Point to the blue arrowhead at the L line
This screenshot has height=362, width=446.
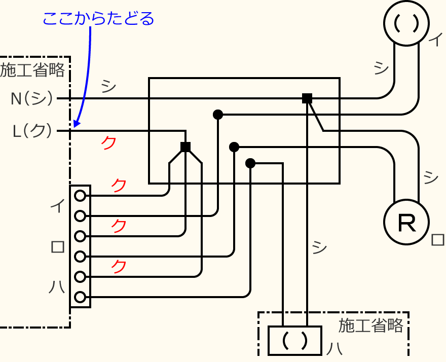coord(77,123)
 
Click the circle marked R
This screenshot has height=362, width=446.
coord(406,222)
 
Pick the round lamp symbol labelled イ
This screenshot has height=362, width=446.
coord(406,23)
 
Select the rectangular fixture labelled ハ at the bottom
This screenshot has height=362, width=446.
coord(294,340)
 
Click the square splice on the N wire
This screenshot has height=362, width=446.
coord(307,98)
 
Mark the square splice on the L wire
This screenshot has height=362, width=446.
coord(185,147)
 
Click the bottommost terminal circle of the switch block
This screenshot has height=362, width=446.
coord(80,297)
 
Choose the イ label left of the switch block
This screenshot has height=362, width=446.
coord(57,206)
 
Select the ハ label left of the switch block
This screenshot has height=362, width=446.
coord(57,287)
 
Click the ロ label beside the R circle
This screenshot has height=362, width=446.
coord(437,239)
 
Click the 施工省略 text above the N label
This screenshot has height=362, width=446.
coord(33,70)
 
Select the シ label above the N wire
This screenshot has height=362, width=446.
coord(108,86)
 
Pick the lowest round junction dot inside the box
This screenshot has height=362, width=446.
coord(250,163)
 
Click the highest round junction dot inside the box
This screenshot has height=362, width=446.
coord(218,115)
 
